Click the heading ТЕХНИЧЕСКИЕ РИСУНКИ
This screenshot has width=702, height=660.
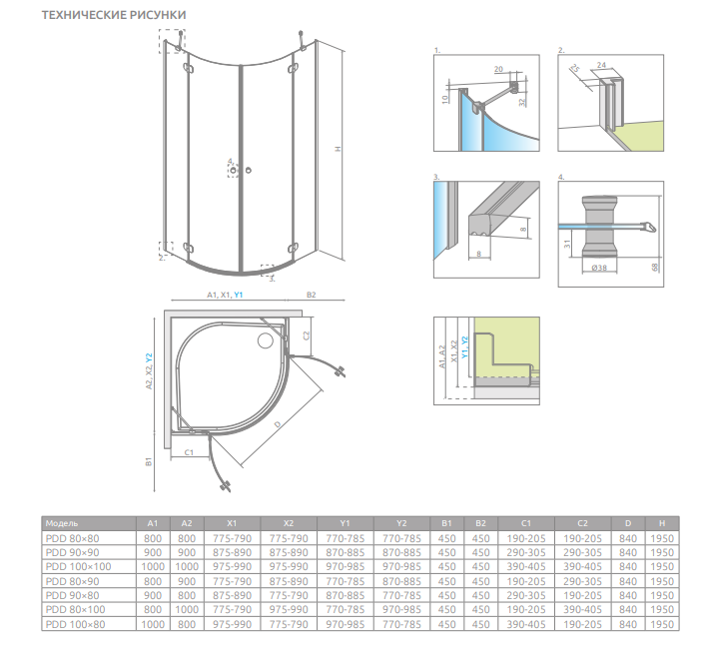pyautogui.click(x=112, y=17)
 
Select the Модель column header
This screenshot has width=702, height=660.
pyautogui.click(x=62, y=522)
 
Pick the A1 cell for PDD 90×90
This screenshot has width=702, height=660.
pyautogui.click(x=152, y=552)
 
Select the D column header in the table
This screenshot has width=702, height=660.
pyautogui.click(x=627, y=522)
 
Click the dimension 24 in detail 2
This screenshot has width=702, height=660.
pyautogui.click(x=601, y=65)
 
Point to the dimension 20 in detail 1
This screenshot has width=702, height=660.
pyautogui.click(x=498, y=69)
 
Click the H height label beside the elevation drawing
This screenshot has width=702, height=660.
pyautogui.click(x=339, y=150)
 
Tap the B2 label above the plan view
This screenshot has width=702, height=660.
pyautogui.click(x=312, y=296)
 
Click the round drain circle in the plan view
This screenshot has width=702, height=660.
pyautogui.click(x=266, y=341)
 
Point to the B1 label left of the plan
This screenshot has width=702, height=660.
pyautogui.click(x=148, y=462)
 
